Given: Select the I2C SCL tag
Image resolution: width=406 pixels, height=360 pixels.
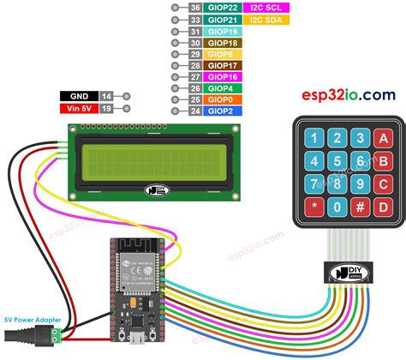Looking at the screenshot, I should pos(266,7).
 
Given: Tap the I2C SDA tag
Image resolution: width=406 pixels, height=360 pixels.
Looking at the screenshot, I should pos(266,19).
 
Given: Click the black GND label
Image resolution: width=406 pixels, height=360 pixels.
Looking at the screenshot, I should pos(79,99).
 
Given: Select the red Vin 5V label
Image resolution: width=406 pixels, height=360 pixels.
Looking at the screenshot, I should pos(79,110).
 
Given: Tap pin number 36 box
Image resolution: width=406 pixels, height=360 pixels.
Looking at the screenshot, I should pos(195,7).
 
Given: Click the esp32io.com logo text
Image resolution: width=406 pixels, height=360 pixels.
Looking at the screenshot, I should pos(347,94).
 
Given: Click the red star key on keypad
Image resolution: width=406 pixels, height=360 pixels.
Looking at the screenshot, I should pos(315,206).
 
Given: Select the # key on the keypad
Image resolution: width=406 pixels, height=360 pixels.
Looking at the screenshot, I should pos(361,206).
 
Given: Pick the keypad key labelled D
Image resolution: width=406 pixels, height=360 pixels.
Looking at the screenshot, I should pos(384,206).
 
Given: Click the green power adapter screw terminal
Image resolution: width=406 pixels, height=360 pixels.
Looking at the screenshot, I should pos(55,329).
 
